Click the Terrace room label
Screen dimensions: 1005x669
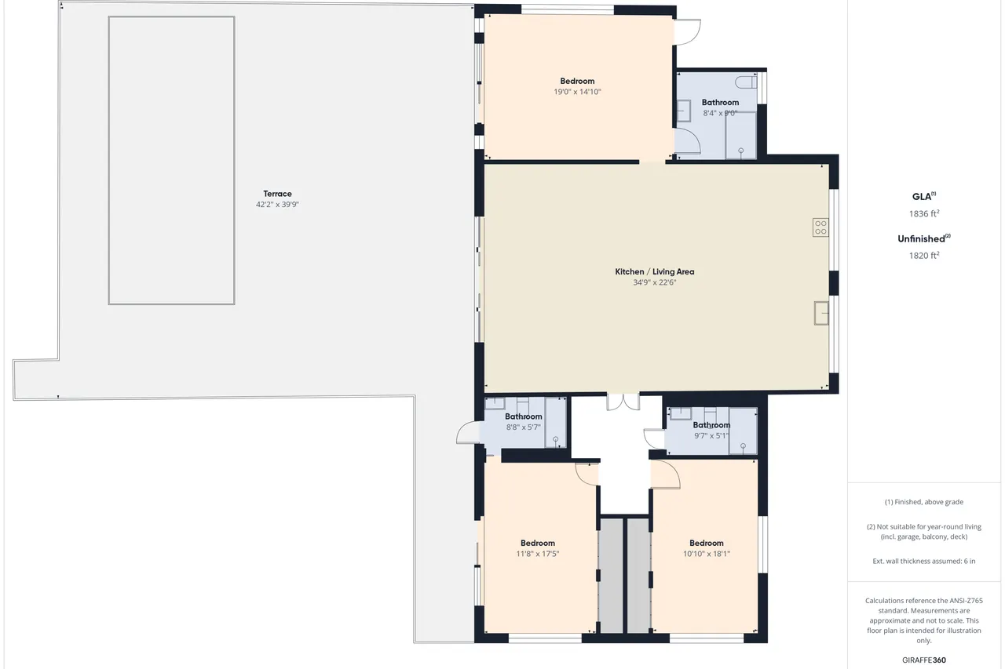277,194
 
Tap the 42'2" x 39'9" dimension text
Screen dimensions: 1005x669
277,205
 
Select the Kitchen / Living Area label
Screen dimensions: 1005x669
655,271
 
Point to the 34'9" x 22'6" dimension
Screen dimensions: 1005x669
655,282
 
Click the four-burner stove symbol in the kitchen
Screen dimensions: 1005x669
820,227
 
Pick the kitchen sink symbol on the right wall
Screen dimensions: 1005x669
821,313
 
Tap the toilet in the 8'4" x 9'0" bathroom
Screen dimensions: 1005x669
746,82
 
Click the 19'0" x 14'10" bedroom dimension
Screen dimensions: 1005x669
577,92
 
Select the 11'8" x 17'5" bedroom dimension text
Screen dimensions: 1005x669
538,554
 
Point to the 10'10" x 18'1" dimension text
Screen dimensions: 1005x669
707,554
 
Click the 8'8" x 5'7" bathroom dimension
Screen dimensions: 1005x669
524,427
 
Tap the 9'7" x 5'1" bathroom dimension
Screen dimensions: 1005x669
711,435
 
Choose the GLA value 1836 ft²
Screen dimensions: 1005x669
924,213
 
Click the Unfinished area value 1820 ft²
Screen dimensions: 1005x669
924,255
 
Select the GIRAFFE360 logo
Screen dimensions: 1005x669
924,660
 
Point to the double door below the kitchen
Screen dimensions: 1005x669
623,402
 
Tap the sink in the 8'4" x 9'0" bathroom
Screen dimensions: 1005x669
683,111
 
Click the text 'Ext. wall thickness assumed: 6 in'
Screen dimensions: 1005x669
924,561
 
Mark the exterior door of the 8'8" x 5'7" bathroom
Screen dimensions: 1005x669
469,433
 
